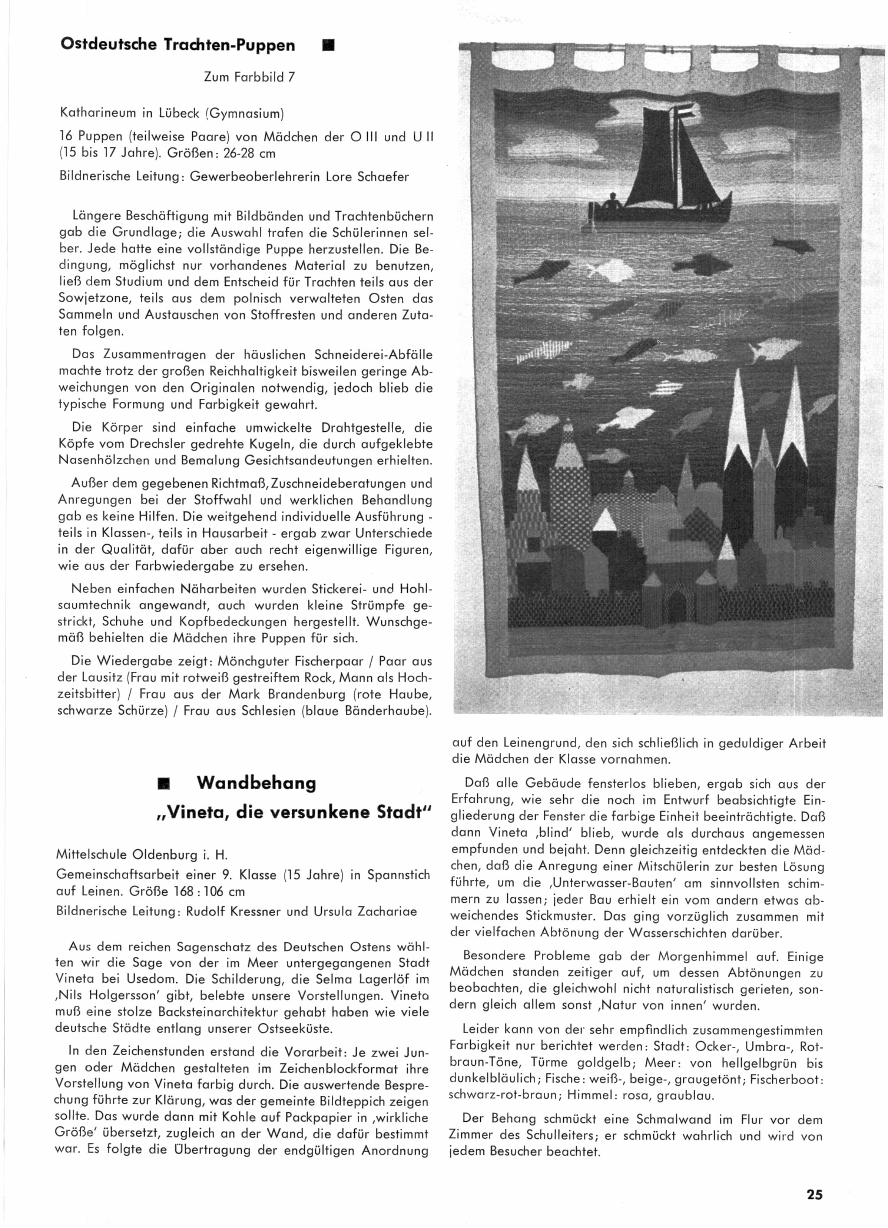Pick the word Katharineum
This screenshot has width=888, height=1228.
pyautogui.click(x=96, y=114)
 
